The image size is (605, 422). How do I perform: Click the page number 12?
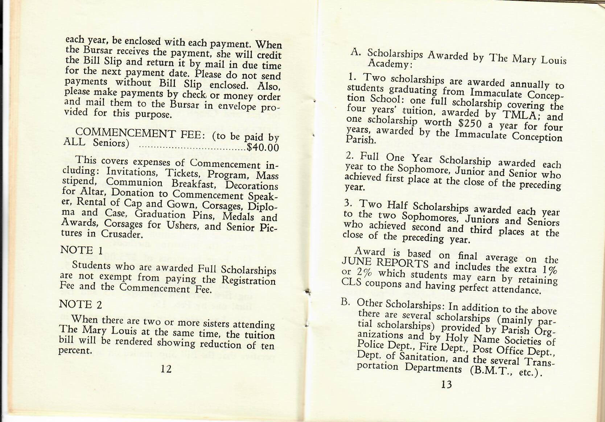click(x=166, y=369)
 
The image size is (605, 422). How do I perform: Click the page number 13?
click(x=446, y=384)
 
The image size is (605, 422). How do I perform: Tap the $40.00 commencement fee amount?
click(x=263, y=148)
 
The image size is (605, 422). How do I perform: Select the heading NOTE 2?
click(x=81, y=304)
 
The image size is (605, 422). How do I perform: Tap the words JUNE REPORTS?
click(x=385, y=263)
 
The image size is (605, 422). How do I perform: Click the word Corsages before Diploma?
click(x=222, y=206)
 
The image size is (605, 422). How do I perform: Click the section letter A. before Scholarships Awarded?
click(x=356, y=52)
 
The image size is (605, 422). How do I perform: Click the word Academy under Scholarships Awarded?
click(x=389, y=64)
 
